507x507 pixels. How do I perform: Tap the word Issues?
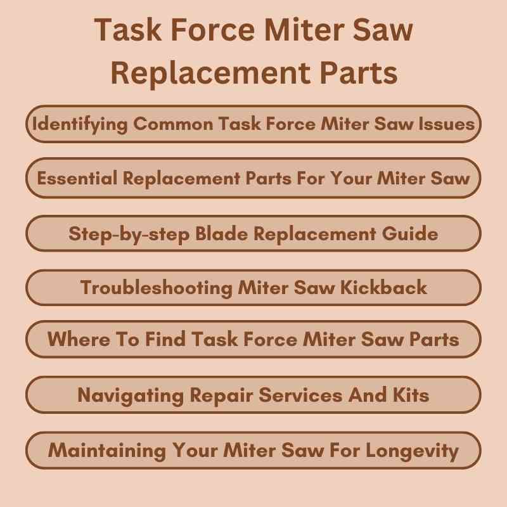(447, 124)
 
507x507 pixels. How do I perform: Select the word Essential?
(77, 178)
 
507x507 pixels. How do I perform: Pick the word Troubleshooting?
(156, 287)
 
